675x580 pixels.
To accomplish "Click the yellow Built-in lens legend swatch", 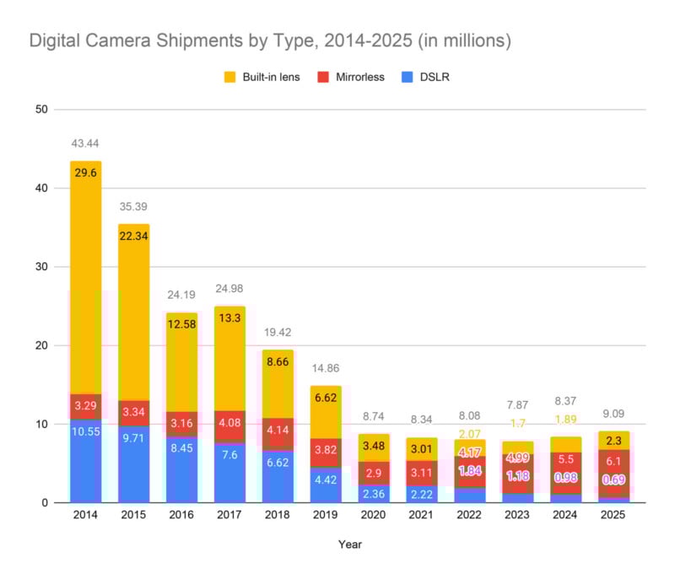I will coord(229,77).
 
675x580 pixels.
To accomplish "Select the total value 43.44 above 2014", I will coord(86,145).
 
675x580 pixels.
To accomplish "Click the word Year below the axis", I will coord(349,545).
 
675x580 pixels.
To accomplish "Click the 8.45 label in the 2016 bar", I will coord(181,448).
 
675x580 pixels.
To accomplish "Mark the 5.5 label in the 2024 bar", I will coord(565,458).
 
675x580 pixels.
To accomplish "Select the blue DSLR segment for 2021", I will coord(422,493).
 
